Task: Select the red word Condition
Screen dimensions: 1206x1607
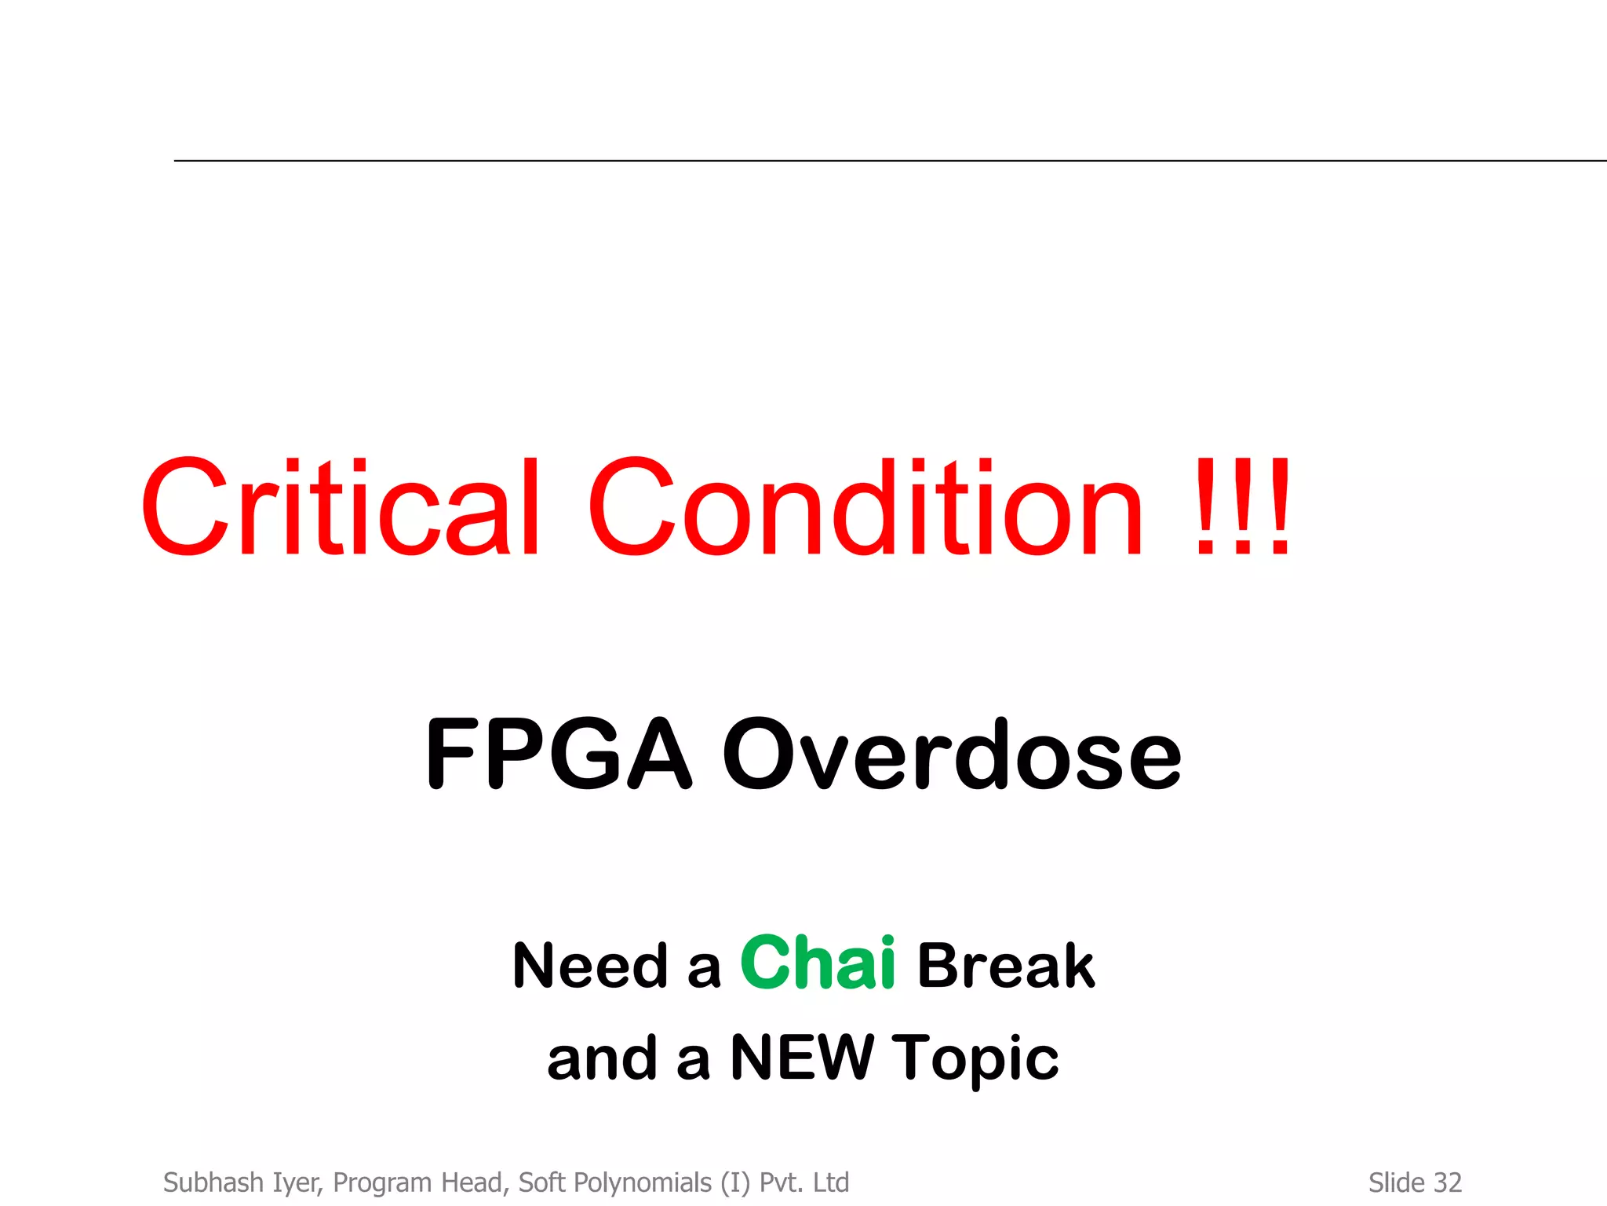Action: (x=865, y=507)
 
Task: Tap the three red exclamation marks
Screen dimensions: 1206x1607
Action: (x=1243, y=507)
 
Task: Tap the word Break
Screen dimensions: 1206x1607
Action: (x=1006, y=966)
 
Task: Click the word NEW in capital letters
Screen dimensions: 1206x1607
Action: (x=801, y=1058)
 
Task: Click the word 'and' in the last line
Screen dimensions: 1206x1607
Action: (x=602, y=1058)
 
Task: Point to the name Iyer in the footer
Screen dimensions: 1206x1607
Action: (x=297, y=1183)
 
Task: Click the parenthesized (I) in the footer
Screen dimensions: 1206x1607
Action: (x=736, y=1183)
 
